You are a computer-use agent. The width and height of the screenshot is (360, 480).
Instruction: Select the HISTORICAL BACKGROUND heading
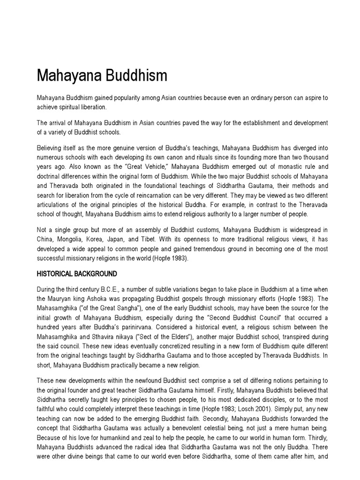pyautogui.click(x=76, y=273)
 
